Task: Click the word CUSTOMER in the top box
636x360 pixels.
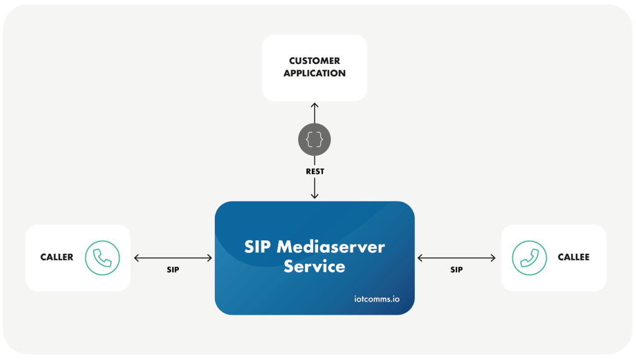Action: click(x=314, y=61)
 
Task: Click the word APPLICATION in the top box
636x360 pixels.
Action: click(x=314, y=73)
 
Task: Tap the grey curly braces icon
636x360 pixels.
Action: click(x=314, y=139)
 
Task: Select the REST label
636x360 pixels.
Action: click(x=314, y=171)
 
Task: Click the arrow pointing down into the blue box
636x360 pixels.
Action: click(x=314, y=188)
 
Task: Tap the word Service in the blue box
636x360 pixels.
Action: click(x=314, y=267)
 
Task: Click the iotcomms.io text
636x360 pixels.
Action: click(x=373, y=299)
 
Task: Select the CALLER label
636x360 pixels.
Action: click(x=57, y=258)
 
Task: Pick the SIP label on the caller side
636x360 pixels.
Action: click(x=173, y=270)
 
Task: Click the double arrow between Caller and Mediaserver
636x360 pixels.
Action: click(x=173, y=258)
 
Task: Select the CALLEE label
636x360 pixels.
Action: click(x=573, y=258)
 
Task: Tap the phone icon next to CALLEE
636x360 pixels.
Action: click(x=529, y=258)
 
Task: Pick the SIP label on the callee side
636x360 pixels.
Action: click(x=457, y=270)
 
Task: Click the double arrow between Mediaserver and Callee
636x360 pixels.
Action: click(x=457, y=258)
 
